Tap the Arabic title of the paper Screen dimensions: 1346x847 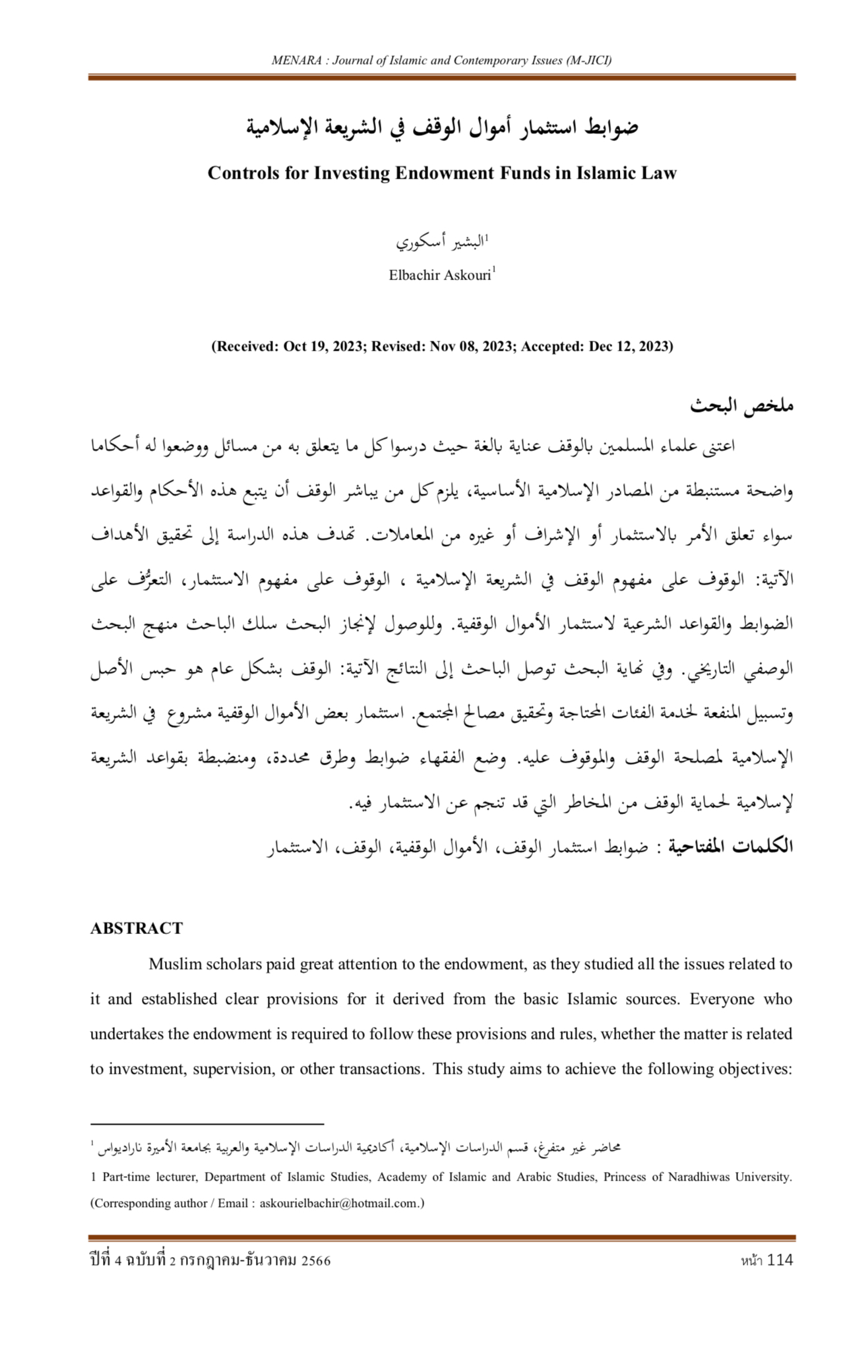(x=442, y=127)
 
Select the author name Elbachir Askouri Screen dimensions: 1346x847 (x=440, y=276)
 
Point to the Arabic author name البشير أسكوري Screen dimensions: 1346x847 (x=441, y=242)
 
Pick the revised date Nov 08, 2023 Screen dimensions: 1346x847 (x=472, y=347)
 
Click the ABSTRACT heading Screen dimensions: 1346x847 (x=137, y=928)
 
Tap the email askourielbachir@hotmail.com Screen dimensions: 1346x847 (x=339, y=1203)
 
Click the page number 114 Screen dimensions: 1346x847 (x=780, y=1260)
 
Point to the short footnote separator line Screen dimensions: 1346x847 (x=207, y=1123)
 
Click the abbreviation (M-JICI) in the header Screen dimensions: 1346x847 (x=589, y=61)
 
